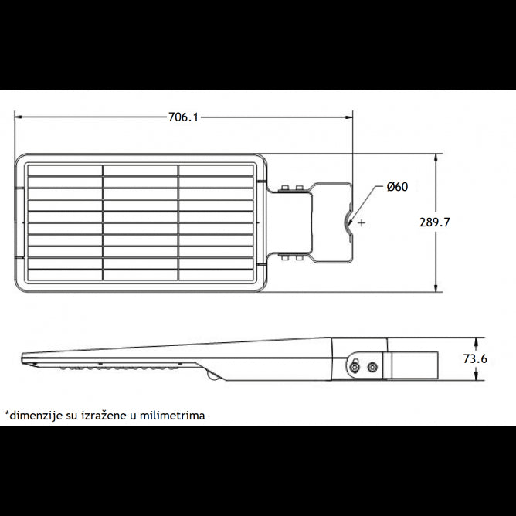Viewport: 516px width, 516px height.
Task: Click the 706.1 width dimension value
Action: (x=184, y=117)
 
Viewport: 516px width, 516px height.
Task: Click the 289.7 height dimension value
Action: (x=435, y=222)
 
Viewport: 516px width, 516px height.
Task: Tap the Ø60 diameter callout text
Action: (x=397, y=187)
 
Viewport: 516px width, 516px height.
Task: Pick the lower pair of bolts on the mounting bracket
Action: (x=291, y=258)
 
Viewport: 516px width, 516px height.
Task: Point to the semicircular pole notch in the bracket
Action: (x=348, y=222)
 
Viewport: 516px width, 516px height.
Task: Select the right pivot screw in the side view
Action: (x=372, y=368)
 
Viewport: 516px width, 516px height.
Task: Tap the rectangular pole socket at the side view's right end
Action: (x=414, y=365)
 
